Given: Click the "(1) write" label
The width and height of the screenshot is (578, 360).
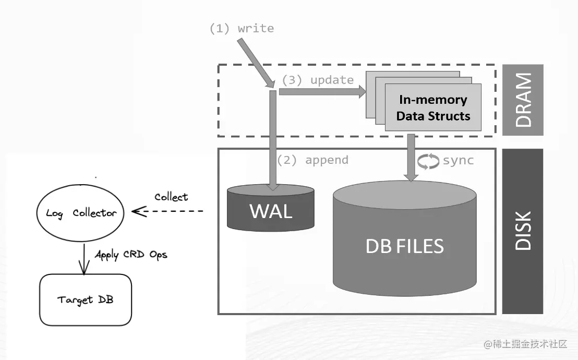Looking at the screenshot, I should click(x=241, y=29).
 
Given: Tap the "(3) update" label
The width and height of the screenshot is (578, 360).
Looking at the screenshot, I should click(x=318, y=80).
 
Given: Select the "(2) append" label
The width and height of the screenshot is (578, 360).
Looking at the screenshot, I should click(x=312, y=160).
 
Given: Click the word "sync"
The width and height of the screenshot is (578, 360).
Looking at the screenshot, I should click(x=458, y=160).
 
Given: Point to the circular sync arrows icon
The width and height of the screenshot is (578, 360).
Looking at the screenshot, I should click(x=428, y=161).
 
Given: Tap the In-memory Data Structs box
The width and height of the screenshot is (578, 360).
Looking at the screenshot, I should click(x=433, y=107).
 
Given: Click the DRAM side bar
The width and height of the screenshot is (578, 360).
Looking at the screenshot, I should click(x=522, y=100).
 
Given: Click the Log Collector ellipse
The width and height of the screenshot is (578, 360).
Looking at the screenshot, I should click(x=81, y=212).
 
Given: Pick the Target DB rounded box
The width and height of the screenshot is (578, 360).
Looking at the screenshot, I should click(x=86, y=299).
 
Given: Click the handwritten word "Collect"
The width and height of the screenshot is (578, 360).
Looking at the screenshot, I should click(x=171, y=197).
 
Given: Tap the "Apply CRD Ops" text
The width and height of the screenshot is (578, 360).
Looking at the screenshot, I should click(x=131, y=255).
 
